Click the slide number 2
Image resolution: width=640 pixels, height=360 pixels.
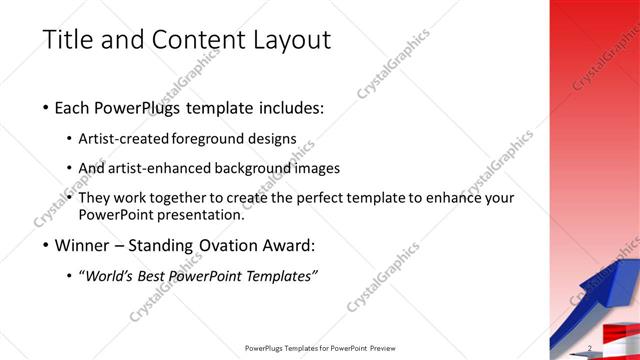coord(591,348)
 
